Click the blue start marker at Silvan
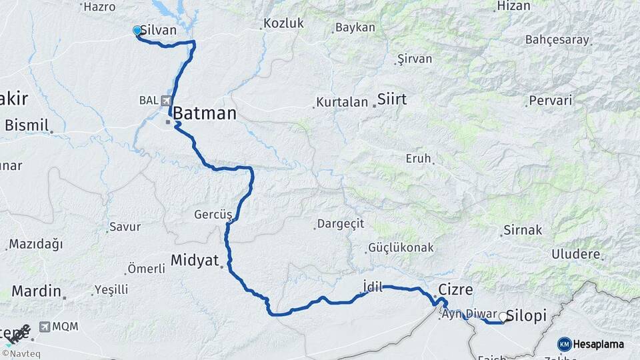pos(137,31)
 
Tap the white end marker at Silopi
pos(503,317)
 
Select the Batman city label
pos(205,114)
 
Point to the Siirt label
pos(391,99)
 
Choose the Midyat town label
pos(195,260)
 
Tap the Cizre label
pos(456,290)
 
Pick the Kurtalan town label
pos(342,103)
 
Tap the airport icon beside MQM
pos(45,327)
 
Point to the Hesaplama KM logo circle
pos(565,344)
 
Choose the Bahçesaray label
pos(557,39)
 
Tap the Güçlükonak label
pos(401,248)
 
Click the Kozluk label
pos(283,23)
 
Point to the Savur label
pos(125,227)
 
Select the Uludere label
pos(575,254)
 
